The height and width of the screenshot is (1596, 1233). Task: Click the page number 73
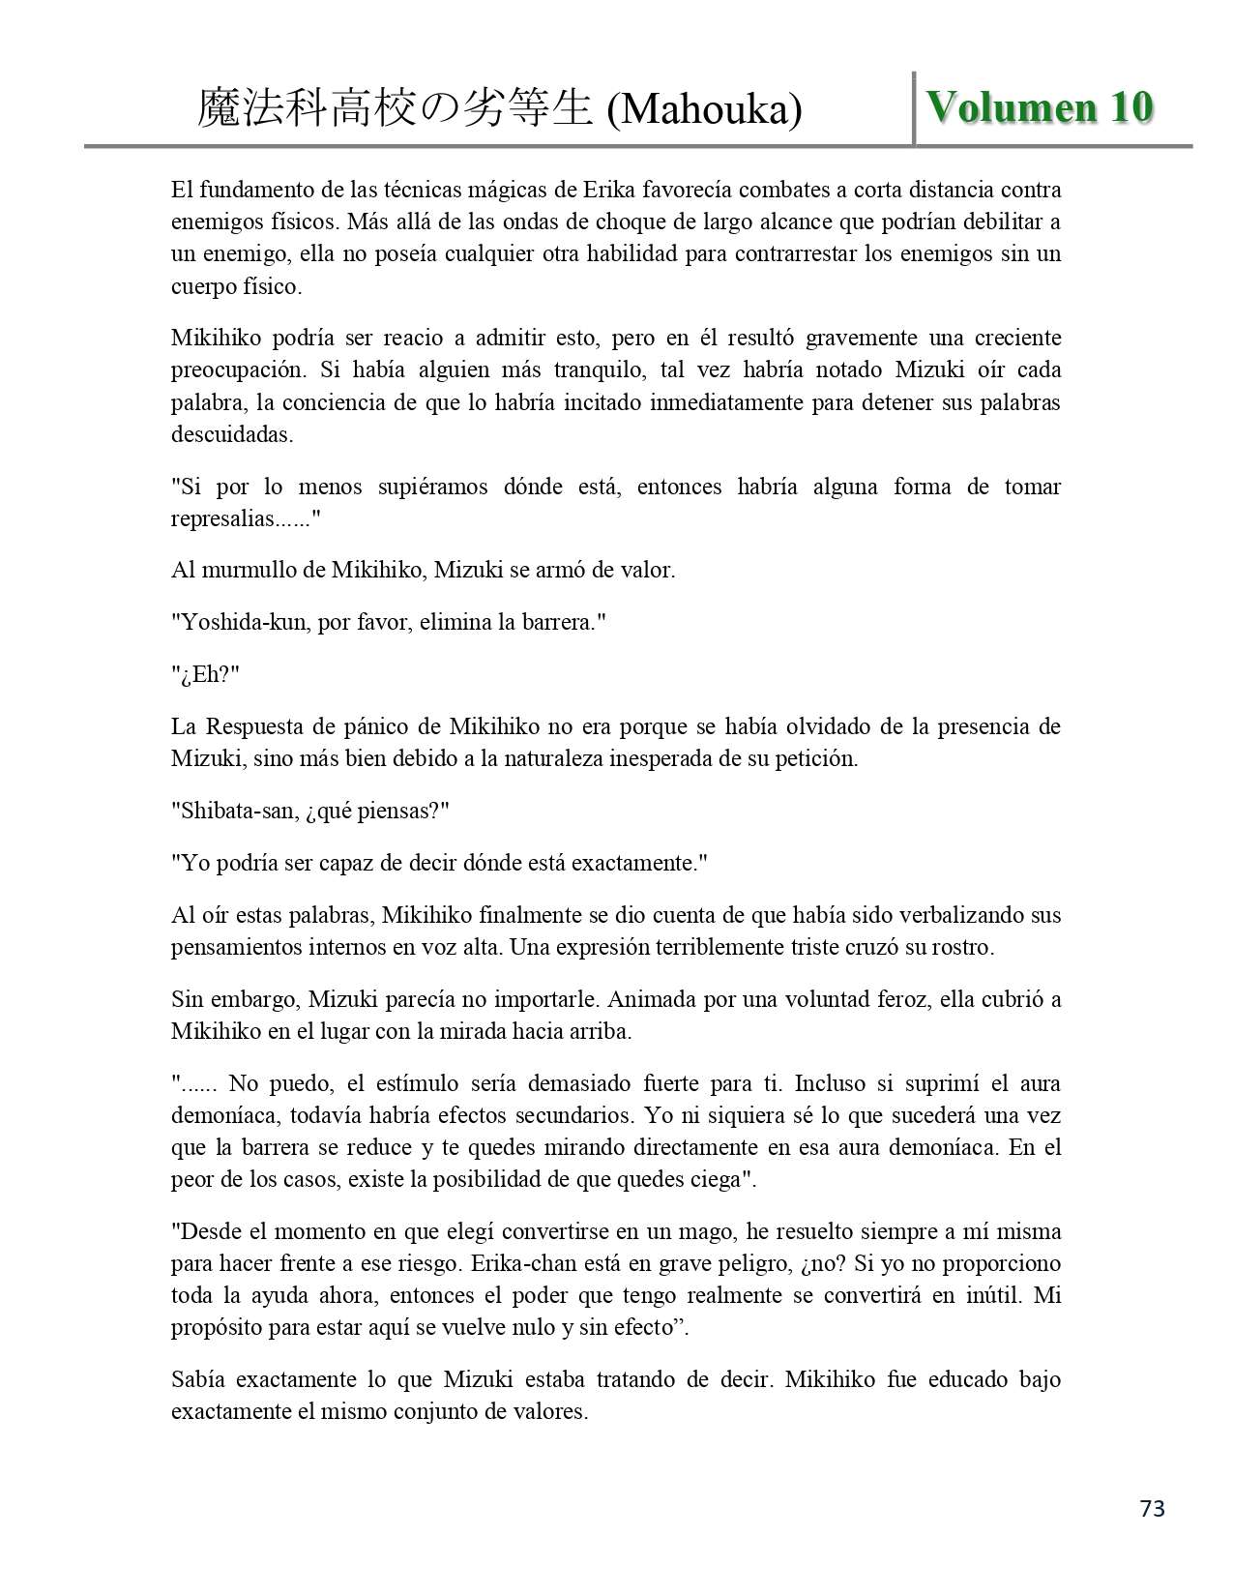(x=1153, y=1509)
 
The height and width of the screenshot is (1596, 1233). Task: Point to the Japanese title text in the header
(x=395, y=109)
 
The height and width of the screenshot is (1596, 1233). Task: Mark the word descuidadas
(x=231, y=434)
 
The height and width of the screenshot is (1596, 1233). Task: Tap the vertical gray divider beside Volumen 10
(x=914, y=108)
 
